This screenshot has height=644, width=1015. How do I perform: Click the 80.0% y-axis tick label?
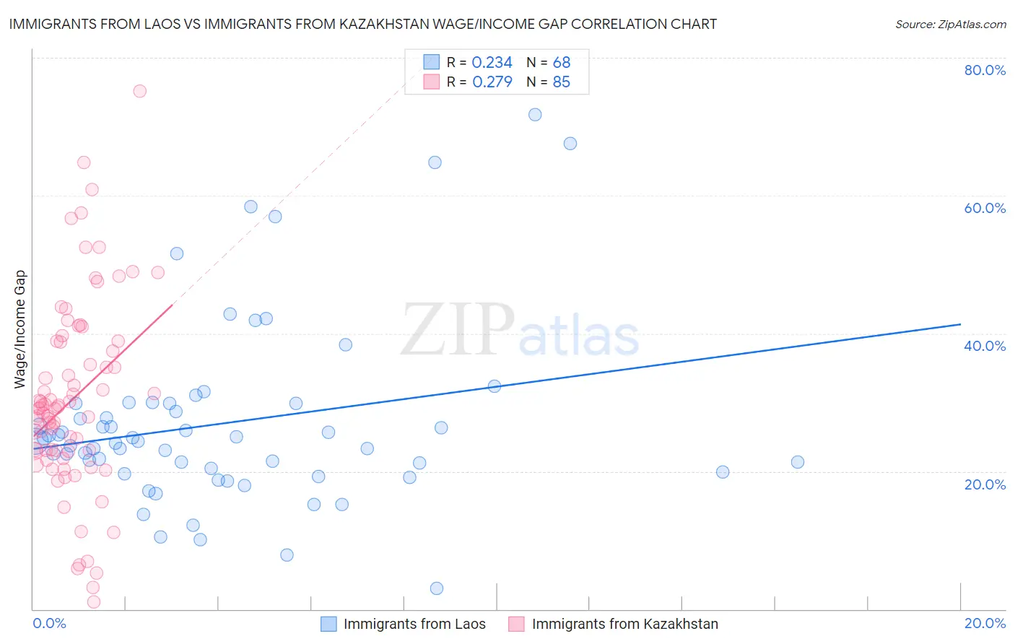(x=985, y=70)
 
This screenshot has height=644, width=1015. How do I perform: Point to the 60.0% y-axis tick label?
(x=985, y=208)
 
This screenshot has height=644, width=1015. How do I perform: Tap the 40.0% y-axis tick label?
(x=985, y=346)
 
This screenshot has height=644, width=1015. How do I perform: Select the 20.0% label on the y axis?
(x=985, y=484)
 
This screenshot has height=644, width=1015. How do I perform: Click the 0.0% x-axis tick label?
(x=49, y=623)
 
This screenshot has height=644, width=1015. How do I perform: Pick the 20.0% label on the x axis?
(x=985, y=623)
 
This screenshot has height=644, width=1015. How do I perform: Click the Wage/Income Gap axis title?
(x=20, y=329)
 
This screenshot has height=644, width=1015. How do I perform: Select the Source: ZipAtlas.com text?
(x=950, y=24)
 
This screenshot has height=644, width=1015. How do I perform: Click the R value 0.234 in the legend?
(x=492, y=63)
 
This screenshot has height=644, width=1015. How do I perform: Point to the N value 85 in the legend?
(x=561, y=82)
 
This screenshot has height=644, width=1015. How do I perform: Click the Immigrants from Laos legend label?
(x=414, y=624)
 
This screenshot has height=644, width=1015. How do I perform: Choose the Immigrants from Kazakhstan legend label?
(x=625, y=624)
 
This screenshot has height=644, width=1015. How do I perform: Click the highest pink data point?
(x=140, y=91)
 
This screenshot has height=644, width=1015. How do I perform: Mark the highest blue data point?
(x=535, y=115)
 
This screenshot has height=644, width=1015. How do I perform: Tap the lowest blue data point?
(x=437, y=588)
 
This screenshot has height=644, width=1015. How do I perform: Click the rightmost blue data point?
(x=798, y=462)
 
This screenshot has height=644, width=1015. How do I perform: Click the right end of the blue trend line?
(x=960, y=325)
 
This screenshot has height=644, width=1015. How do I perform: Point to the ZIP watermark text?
(x=458, y=330)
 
